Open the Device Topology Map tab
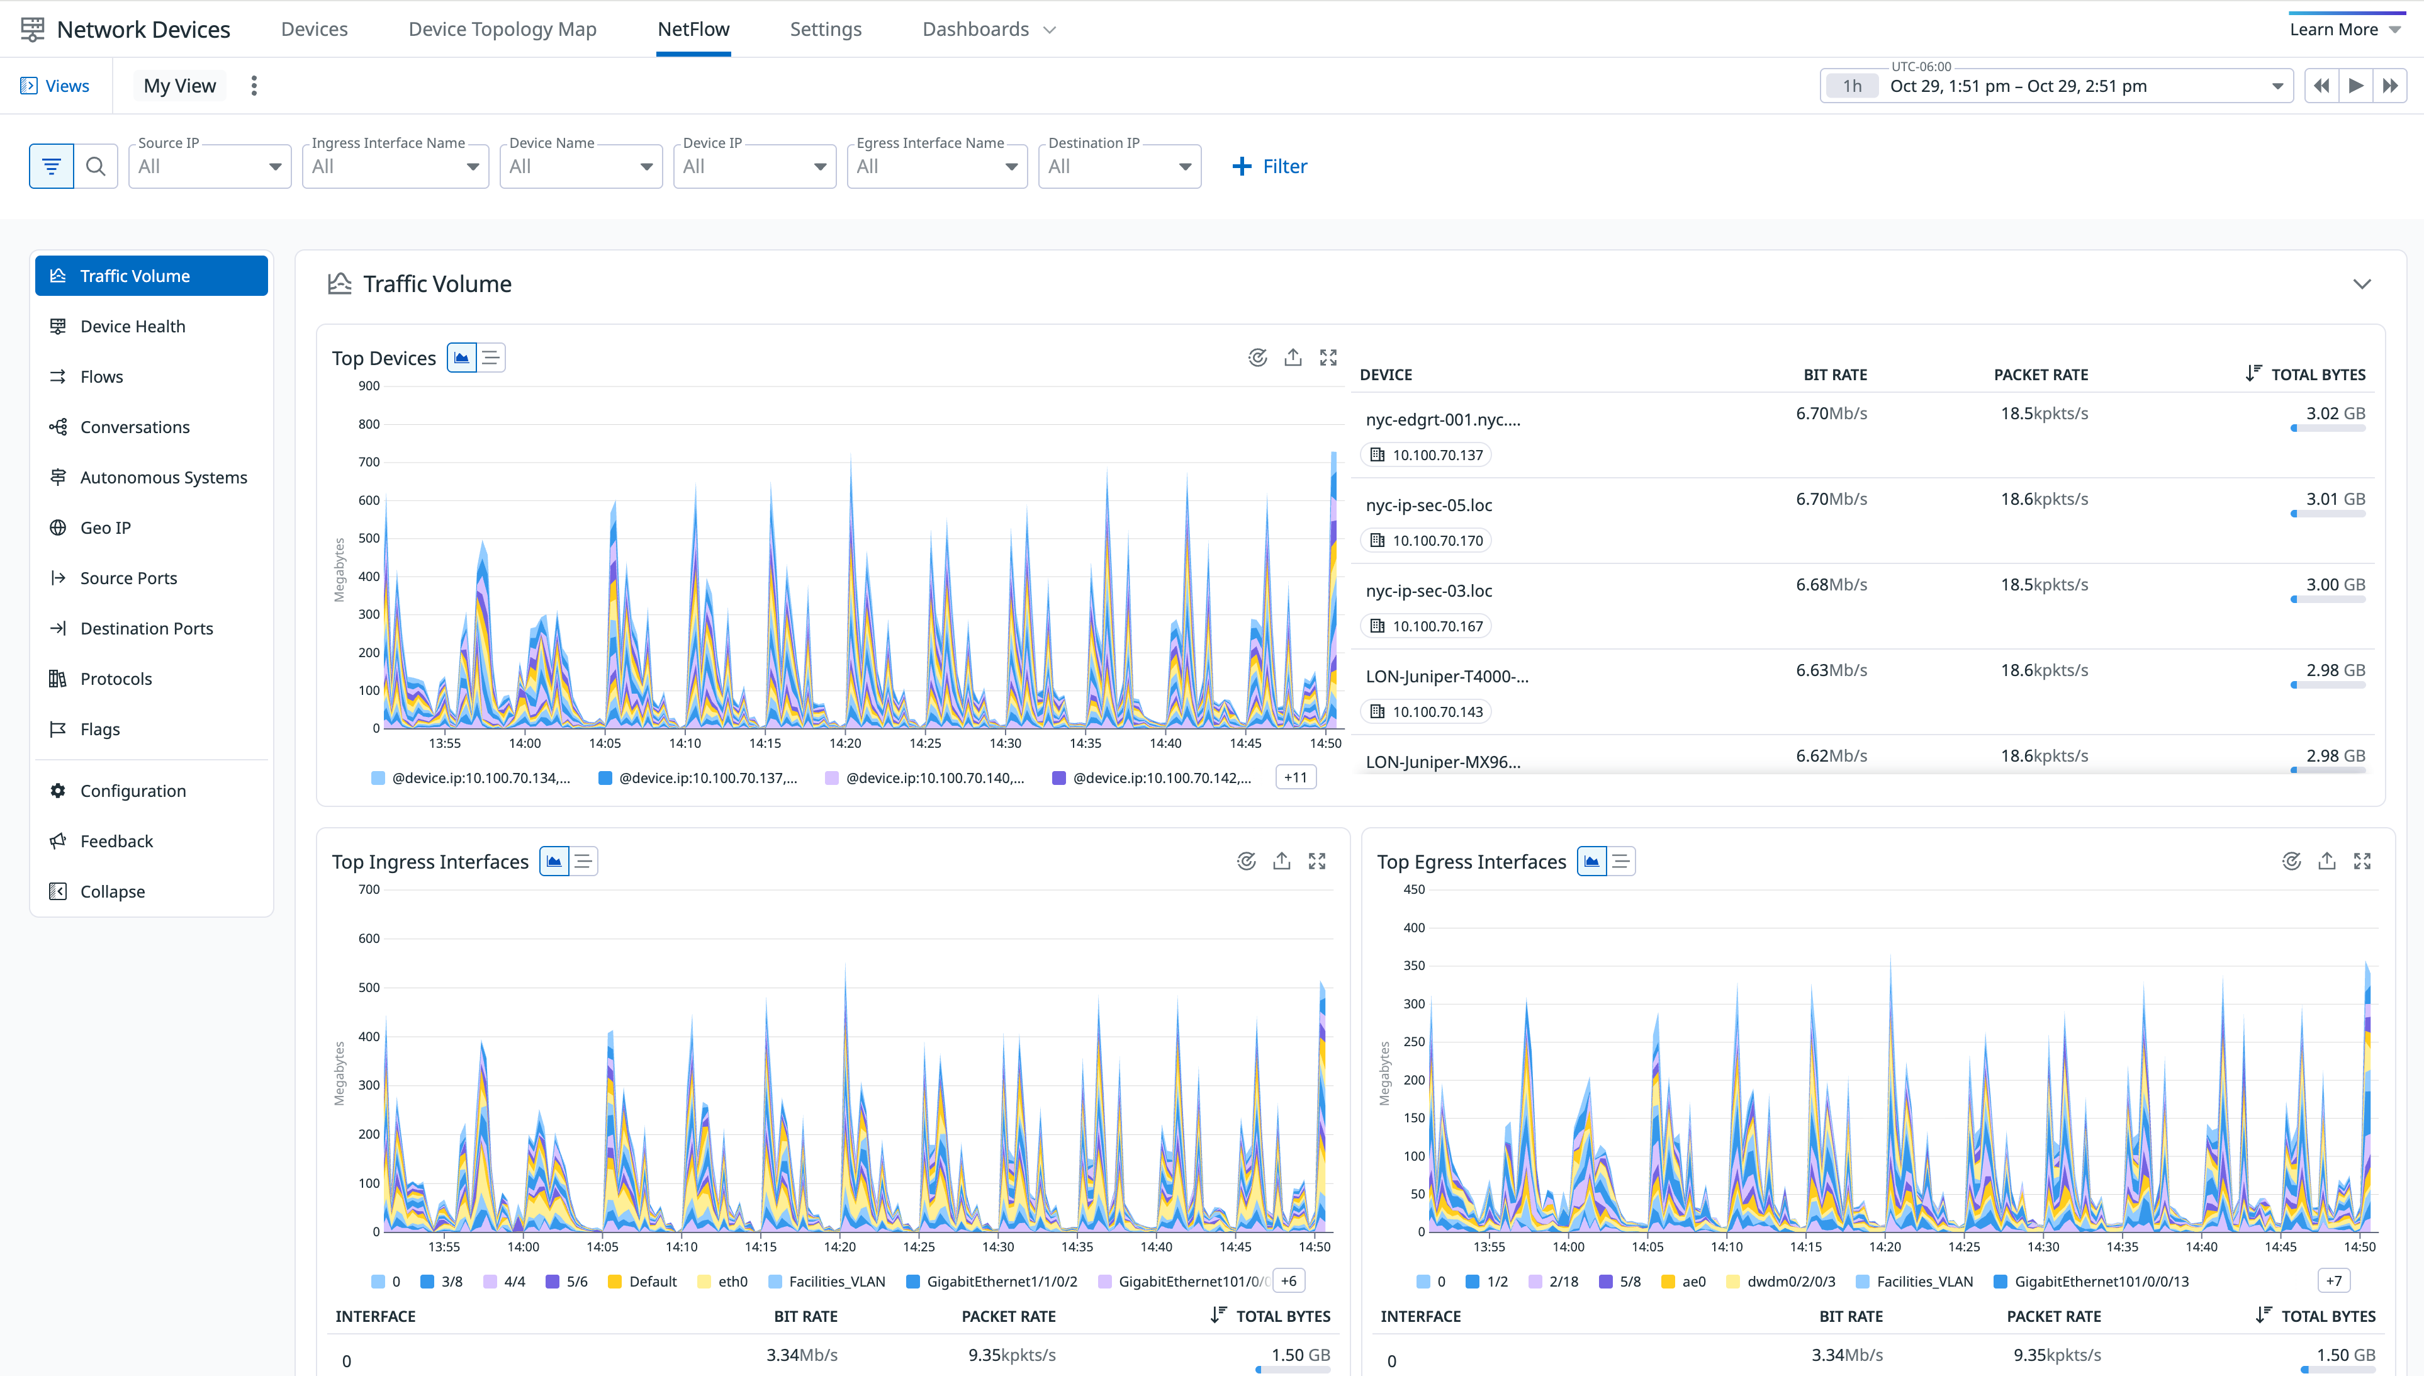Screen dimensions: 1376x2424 point(502,30)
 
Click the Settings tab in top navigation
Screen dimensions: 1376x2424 point(825,30)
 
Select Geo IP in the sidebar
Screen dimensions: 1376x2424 point(105,527)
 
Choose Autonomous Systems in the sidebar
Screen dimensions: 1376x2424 point(162,477)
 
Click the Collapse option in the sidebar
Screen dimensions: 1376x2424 point(111,891)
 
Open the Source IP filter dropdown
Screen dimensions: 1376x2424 point(209,166)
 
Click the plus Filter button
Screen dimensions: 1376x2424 point(1270,166)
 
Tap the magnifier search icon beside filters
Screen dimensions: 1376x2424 point(96,166)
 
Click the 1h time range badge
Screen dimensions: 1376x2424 point(1851,86)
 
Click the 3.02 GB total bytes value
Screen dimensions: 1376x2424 point(2334,413)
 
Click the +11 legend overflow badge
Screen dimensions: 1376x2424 point(1295,777)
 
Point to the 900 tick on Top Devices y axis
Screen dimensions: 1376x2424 point(368,386)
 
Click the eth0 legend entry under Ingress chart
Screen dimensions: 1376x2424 point(732,1282)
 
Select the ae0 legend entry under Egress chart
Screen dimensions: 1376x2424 point(1693,1282)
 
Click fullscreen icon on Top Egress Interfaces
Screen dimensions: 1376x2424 point(2362,861)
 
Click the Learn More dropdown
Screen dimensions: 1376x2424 point(2343,30)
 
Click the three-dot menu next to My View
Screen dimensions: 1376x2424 point(253,86)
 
